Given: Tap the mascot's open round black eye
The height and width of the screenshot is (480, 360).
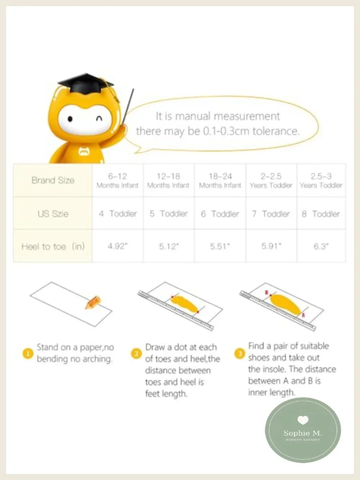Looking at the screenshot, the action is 70,119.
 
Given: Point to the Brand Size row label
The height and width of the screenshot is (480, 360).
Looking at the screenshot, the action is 53,180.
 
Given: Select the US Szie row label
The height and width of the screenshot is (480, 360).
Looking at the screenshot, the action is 53,214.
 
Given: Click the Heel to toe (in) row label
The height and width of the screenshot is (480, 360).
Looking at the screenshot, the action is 53,246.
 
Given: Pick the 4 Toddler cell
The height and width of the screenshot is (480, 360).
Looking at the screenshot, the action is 118,214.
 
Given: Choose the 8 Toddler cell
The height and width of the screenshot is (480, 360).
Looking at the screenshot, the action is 321,214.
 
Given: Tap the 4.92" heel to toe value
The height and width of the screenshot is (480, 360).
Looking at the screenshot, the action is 118,246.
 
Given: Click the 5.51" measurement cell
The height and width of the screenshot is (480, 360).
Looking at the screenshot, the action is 220,246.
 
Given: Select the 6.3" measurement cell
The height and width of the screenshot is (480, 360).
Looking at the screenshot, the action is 321,246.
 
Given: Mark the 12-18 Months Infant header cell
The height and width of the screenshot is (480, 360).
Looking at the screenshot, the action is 168,180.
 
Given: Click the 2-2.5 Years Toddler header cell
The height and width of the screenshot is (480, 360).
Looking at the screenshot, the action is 271,180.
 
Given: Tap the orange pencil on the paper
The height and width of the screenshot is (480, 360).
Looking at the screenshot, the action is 93,302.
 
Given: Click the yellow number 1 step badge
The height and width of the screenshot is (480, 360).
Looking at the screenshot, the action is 28,353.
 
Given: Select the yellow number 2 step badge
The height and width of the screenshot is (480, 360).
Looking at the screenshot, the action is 136,354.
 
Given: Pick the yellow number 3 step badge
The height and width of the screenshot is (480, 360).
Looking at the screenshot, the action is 240,353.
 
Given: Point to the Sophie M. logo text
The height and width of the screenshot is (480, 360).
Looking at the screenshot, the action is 303,433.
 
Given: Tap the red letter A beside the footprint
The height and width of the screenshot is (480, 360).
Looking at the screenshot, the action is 303,315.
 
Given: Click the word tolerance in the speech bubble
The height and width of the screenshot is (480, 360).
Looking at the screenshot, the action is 276,131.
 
